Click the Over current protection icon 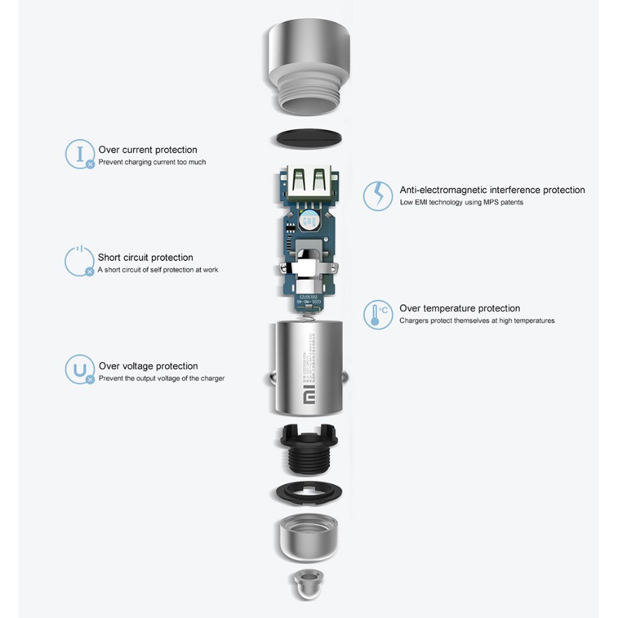pos(79,153)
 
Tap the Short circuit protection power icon pos(79,261)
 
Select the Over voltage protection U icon pos(79,369)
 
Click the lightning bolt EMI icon pos(377,195)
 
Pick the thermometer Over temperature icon pos(377,314)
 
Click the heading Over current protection pos(148,150)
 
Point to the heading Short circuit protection pos(145,257)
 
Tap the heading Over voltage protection pos(148,366)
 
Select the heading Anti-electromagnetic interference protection pos(492,190)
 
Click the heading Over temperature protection pos(459,308)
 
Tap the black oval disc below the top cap pos(308,138)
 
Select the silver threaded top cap pos(308,65)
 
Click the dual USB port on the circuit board pos(308,183)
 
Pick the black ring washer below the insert pos(308,493)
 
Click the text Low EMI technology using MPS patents pos(461,203)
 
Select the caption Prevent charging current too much pos(152,162)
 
